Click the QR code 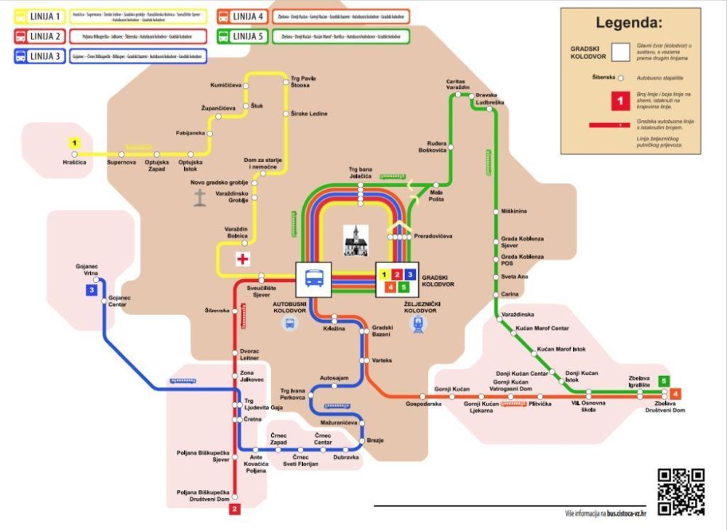(x=681, y=492)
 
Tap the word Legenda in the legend (x=629, y=23)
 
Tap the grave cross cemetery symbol (x=199, y=197)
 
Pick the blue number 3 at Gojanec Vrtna (x=92, y=291)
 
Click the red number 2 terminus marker (x=235, y=510)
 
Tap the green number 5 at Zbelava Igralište (x=663, y=380)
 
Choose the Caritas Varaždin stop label (x=450, y=84)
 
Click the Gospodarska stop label (x=424, y=403)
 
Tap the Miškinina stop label (x=514, y=211)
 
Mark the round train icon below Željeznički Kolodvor (x=419, y=326)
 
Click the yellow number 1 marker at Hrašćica (x=73, y=143)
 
